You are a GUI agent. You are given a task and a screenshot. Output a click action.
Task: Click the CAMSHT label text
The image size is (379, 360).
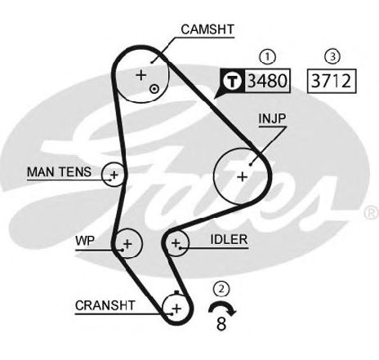coord(207,29)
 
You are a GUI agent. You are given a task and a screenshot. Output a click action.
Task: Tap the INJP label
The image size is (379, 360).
coord(272,118)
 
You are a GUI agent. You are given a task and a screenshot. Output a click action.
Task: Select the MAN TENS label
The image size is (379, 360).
coord(59,172)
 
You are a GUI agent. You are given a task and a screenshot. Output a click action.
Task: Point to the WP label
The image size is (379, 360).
coord(85,241)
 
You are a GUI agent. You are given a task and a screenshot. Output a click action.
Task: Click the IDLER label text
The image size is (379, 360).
coord(229,239)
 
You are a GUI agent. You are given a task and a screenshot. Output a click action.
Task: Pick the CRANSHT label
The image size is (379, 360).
coord(105,305)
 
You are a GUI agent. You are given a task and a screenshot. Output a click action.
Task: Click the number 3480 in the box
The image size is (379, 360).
coord(267,81)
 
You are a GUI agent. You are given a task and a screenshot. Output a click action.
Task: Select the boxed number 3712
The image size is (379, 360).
coord(331,81)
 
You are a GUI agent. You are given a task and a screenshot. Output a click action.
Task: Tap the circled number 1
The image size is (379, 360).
coord(268,57)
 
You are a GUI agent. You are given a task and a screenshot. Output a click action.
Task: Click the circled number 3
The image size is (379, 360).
coord(332,56)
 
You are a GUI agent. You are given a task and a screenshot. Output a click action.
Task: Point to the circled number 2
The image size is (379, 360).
coord(221,289)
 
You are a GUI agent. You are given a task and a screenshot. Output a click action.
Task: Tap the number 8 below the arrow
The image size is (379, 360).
coord(221,324)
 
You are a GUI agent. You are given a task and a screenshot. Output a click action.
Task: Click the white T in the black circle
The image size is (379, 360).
coord(232,81)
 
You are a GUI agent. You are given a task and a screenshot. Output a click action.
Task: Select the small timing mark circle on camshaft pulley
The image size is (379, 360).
coord(154,89)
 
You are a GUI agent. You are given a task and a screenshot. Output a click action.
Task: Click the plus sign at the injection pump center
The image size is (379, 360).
coord(242,177)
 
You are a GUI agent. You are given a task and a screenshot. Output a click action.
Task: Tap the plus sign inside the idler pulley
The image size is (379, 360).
coord(176,242)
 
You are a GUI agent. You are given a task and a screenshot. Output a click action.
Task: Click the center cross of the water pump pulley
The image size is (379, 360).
coord(127,243)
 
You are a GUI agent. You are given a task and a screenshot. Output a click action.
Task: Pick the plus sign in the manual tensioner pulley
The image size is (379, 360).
coord(114,175)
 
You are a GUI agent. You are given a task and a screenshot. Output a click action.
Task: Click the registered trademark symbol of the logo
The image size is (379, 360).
coord(371,212)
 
